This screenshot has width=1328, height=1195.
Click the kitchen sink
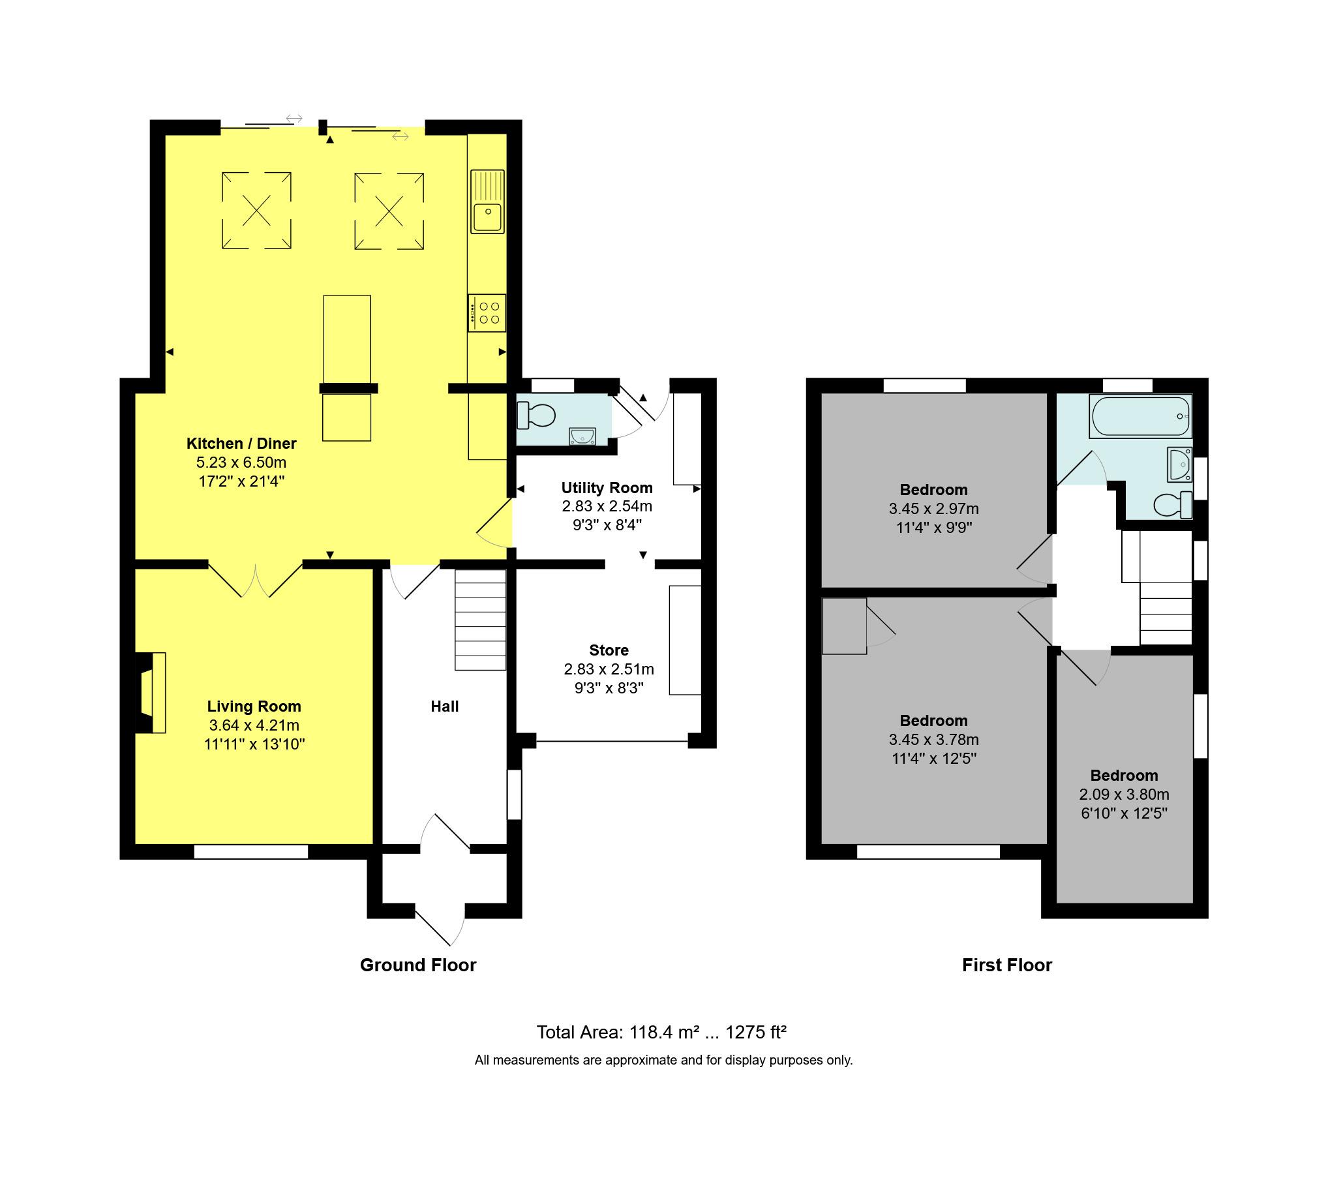487,202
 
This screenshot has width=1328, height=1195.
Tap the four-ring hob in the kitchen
487,312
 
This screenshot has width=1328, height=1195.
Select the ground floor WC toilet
536,415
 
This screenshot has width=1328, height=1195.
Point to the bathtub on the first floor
1140,416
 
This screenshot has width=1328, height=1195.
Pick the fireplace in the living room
151,693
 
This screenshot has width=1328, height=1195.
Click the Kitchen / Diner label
241,443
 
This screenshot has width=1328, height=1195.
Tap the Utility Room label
607,488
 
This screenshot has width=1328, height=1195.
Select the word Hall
444,706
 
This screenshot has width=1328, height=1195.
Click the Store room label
609,650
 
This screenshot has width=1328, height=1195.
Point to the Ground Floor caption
418,965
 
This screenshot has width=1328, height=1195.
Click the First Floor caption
1007,965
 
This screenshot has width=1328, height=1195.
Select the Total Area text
661,1032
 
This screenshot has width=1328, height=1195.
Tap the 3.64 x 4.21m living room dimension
254,725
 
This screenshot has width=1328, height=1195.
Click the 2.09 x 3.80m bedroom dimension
1124,794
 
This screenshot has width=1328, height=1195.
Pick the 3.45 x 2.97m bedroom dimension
933,508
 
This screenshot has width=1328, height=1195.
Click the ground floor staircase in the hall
481,620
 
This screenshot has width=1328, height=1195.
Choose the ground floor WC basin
582,436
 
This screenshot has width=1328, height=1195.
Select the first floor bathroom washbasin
1180,464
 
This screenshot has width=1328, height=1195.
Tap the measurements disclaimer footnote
663,1060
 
